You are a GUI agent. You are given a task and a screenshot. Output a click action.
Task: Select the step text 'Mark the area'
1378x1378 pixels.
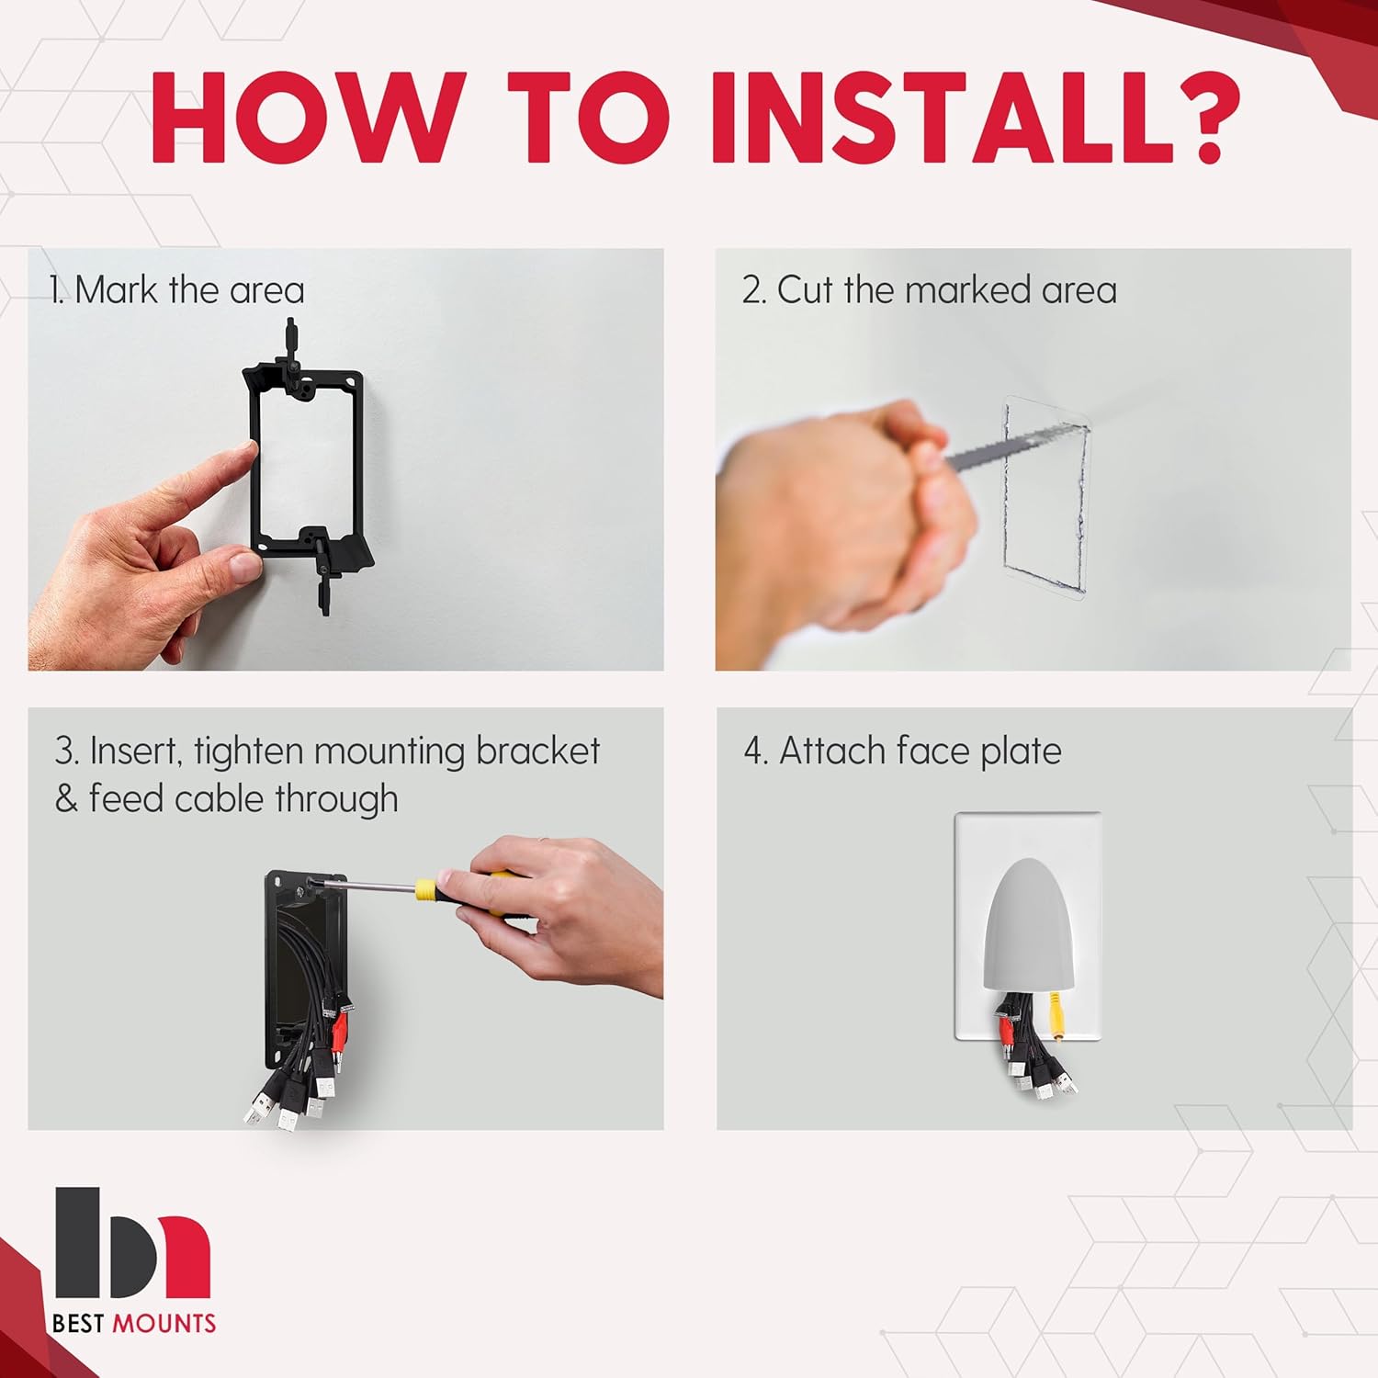click(190, 290)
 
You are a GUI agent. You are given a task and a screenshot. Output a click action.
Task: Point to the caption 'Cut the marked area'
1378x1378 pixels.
click(947, 290)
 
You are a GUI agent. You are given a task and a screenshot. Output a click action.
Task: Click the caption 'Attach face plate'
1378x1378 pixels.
click(921, 751)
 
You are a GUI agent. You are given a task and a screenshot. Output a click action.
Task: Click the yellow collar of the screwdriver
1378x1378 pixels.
click(424, 889)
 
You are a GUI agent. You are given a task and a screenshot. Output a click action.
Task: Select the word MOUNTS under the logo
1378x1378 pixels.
click(164, 1324)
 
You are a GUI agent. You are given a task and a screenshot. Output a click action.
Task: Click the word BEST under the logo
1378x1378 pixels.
click(80, 1324)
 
